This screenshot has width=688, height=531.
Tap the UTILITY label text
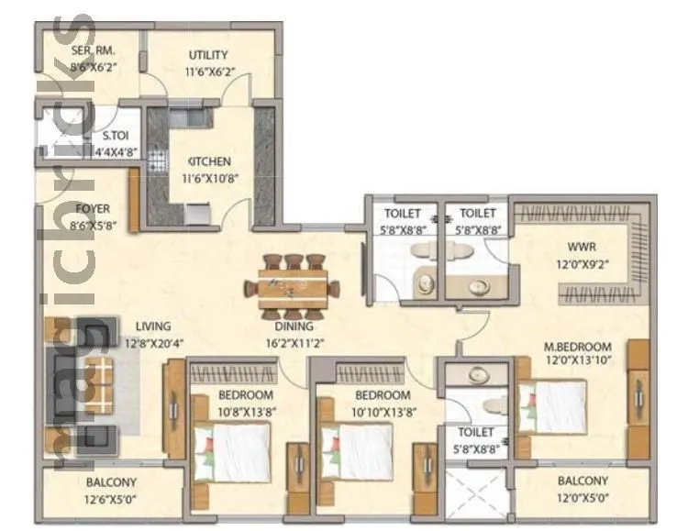tap(208, 55)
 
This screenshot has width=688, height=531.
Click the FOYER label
tap(93, 209)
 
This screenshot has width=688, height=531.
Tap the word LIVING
tap(153, 326)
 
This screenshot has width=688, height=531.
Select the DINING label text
tap(293, 326)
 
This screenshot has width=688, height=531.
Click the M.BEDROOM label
tap(577, 346)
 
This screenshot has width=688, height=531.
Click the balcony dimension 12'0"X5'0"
tap(582, 502)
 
